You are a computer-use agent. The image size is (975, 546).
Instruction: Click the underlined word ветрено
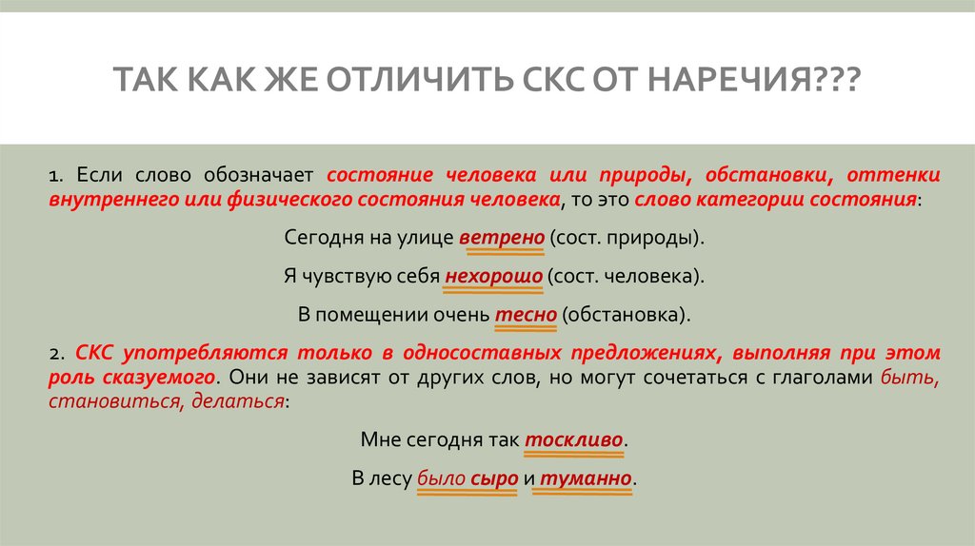click(501, 237)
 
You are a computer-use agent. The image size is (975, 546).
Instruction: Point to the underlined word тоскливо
click(574, 440)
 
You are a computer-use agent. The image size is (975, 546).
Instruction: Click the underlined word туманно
click(587, 478)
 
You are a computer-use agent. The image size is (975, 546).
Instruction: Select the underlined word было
click(441, 478)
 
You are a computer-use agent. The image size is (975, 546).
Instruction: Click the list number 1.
click(56, 177)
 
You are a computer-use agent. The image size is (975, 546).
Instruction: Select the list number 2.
click(56, 354)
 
